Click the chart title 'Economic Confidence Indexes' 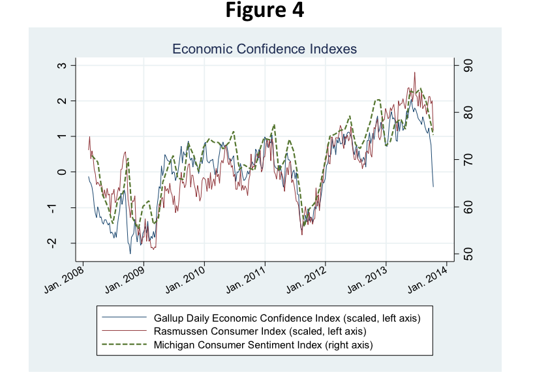(x=264, y=49)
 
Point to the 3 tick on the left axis (x=63, y=65)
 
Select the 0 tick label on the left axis (x=63, y=172)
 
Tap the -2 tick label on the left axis (x=63, y=243)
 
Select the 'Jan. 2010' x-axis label (x=187, y=279)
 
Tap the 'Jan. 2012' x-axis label (x=307, y=279)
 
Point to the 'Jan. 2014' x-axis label (x=429, y=279)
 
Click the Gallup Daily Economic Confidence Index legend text (x=286, y=318)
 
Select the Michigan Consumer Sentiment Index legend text (x=267, y=343)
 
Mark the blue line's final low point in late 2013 (x=433, y=187)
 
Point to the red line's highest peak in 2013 (x=415, y=72)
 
